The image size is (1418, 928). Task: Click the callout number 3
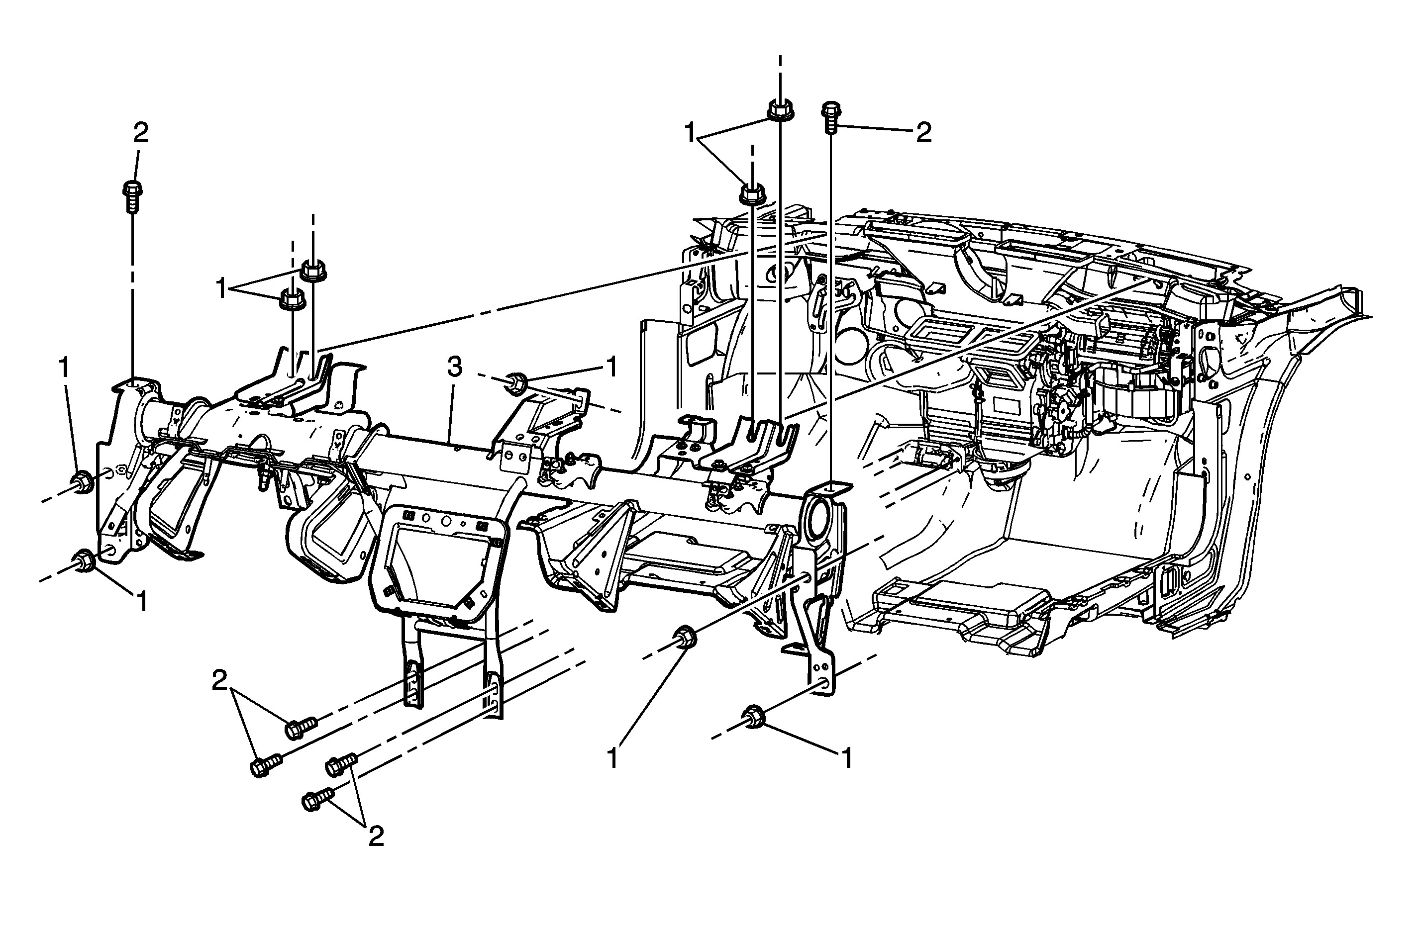(x=455, y=368)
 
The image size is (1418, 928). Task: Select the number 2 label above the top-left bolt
(x=141, y=133)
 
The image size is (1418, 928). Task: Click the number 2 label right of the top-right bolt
(x=923, y=133)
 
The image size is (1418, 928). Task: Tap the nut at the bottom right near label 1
(x=754, y=716)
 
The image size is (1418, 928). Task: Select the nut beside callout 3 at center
(x=516, y=382)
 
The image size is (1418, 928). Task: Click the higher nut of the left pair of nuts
(x=311, y=271)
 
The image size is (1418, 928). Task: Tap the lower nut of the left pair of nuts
(x=292, y=298)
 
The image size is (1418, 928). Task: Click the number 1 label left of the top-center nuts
(x=691, y=133)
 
